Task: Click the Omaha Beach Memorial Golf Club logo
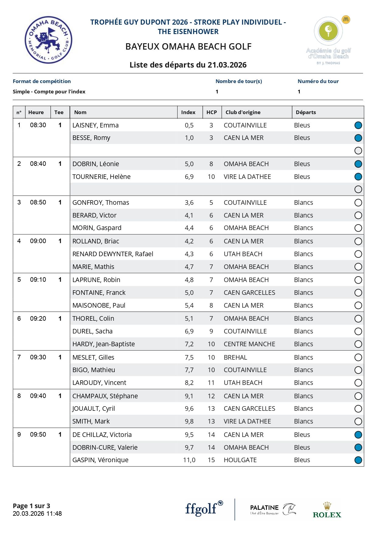pos(48,40)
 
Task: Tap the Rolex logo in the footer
pos(327,510)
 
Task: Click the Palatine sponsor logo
pos(272,509)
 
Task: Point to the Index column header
pos(188,112)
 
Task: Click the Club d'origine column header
pos(243,112)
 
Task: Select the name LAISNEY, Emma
pos(95,125)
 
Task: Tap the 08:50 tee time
pos(38,202)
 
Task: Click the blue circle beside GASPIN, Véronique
pos(358,460)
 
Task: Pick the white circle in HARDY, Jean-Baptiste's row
pos(358,344)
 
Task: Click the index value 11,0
pos(189,460)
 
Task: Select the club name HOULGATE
pos(240,460)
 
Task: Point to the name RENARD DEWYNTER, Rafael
pos(113,254)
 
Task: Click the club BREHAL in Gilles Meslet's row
pos(235,358)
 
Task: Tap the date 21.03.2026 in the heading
pos(227,65)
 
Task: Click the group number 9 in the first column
pos(19,435)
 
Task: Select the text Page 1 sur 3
pos(31,506)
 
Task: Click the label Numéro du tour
pos(318,81)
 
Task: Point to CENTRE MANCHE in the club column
pos(249,344)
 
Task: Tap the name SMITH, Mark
pos(91,421)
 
